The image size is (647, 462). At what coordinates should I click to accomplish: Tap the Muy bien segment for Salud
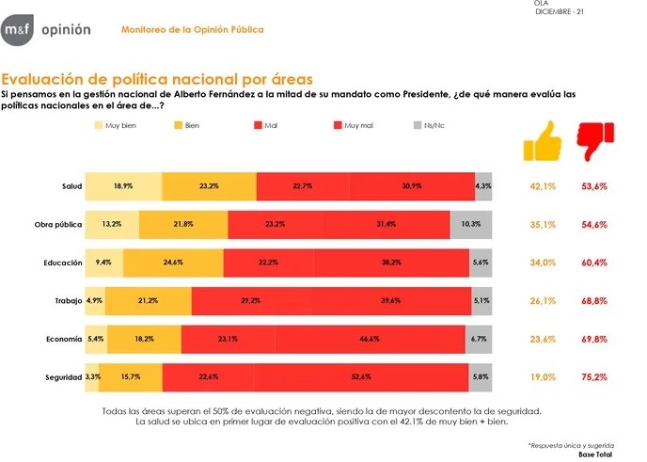pos(123,186)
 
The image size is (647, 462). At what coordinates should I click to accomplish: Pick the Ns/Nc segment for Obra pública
pos(471,225)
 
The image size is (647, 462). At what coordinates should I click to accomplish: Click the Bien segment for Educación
pos(173,263)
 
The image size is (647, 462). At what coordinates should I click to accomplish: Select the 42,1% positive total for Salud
pos(543,186)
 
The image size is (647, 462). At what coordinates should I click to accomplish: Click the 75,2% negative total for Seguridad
pos(593,377)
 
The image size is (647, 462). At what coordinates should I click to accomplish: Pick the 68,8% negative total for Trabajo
pos(593,301)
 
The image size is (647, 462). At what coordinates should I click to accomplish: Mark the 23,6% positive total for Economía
pos(543,339)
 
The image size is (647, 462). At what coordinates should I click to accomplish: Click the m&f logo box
pos(16,30)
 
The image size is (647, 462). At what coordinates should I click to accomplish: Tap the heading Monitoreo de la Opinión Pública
pos(193,30)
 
